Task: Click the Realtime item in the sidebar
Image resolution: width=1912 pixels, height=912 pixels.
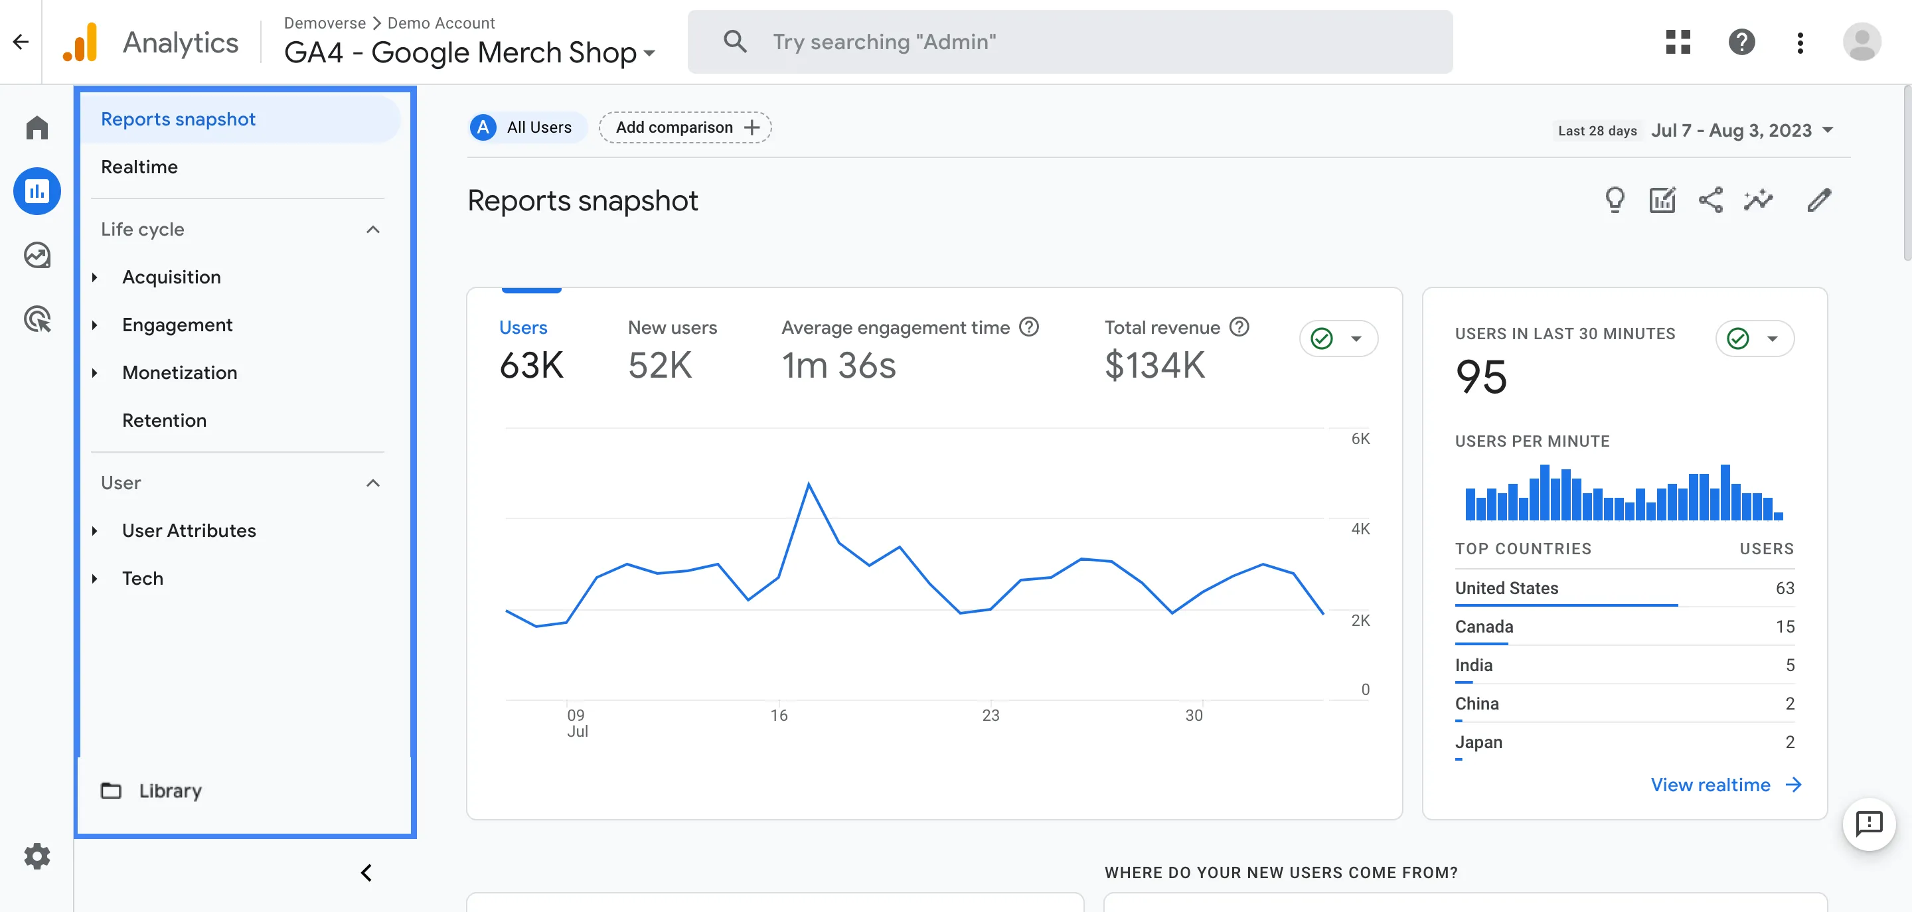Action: [139, 167]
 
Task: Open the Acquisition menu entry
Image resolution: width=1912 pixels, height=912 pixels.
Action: [171, 277]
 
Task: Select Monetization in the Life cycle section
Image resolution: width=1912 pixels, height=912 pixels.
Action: [180, 372]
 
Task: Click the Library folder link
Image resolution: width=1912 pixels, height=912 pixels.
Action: [169, 791]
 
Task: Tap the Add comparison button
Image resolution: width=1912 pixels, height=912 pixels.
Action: [685, 127]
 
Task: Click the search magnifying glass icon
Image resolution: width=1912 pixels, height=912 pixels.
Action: [734, 42]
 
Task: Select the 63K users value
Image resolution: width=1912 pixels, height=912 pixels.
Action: [531, 365]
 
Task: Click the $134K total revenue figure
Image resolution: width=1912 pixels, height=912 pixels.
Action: [1155, 365]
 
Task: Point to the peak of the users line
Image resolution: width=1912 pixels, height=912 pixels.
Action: [809, 485]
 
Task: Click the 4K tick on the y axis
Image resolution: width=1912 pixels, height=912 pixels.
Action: [1360, 529]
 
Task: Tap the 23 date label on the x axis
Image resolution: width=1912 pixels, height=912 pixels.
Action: [990, 716]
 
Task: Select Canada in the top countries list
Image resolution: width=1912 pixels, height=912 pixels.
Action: [1484, 627]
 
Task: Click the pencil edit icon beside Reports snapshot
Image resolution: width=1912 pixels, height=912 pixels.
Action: [1818, 200]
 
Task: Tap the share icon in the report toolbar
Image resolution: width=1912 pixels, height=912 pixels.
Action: [1710, 200]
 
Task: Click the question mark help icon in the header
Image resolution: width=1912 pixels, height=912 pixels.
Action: [1741, 42]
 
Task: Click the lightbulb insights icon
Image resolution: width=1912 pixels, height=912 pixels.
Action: [1615, 200]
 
